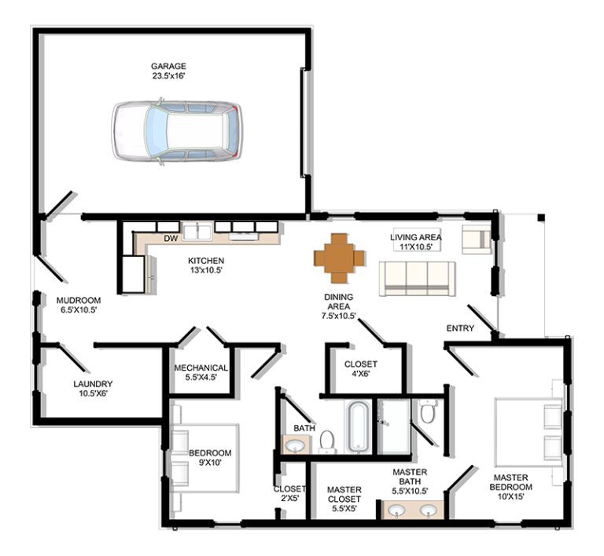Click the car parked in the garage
[177, 130]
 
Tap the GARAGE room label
[168, 66]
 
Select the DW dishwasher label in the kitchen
[171, 239]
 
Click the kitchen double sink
[197, 232]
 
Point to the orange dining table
[339, 258]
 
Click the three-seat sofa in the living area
[417, 279]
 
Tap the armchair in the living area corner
[477, 239]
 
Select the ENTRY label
[460, 328]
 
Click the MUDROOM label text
[79, 300]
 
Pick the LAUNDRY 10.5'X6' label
[93, 389]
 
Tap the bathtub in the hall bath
[359, 427]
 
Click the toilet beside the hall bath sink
[327, 441]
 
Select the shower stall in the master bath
[394, 426]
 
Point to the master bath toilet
[428, 411]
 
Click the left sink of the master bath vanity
[396, 510]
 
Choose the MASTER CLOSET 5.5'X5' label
[344, 499]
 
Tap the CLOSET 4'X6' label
[360, 369]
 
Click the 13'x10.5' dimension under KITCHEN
[206, 270]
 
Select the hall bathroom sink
[296, 446]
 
